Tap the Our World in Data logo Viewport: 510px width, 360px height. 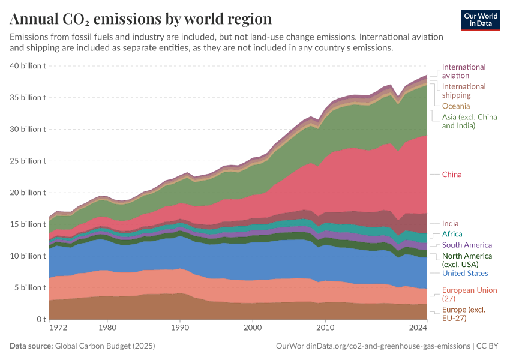coord(481,20)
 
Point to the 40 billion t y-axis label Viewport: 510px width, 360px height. coord(29,66)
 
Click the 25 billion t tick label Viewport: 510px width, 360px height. coord(29,161)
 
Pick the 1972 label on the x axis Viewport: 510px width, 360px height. coord(58,329)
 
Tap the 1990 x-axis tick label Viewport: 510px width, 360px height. coord(181,329)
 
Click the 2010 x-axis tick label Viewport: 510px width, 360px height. coord(325,329)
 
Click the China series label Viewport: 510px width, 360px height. coord(452,175)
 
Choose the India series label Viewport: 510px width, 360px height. coord(450,224)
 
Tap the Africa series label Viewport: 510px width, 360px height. coord(452,234)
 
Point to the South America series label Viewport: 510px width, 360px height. coord(467,245)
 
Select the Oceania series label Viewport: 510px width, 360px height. coord(456,106)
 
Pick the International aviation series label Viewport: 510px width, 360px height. coord(464,71)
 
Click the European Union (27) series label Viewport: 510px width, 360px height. coord(469,294)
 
